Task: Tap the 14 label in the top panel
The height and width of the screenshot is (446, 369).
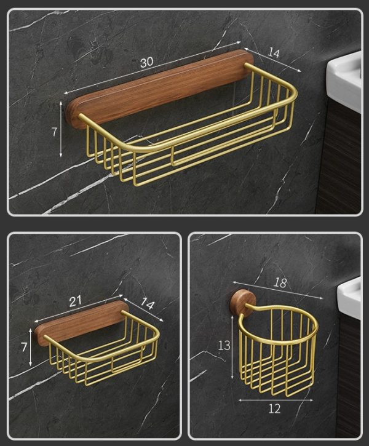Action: pos(274,54)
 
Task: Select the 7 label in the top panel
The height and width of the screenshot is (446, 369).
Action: pos(54,132)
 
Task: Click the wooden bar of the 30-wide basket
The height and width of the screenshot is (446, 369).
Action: pos(160,89)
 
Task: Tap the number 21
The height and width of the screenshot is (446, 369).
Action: pos(76,301)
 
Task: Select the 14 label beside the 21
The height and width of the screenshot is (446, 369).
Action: pos(148,303)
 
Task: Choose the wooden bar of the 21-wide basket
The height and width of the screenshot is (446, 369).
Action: pos(80,323)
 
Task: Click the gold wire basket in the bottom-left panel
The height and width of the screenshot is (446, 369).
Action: pos(105,354)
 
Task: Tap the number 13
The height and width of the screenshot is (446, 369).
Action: pos(224,346)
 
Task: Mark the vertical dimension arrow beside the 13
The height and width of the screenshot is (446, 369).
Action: pos(232,348)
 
